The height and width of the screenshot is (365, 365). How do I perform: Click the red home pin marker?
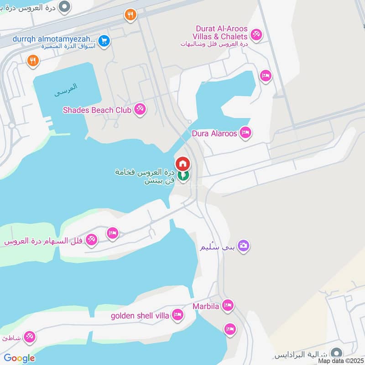(182, 163)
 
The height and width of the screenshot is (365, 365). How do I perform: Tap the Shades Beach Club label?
(97, 110)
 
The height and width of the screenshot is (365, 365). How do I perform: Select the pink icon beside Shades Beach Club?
(140, 109)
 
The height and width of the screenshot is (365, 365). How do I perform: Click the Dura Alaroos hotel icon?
(245, 133)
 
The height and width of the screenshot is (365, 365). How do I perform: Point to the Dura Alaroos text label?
(214, 134)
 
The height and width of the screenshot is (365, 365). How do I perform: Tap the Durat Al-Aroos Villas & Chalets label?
(221, 32)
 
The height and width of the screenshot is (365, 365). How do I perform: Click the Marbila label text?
(206, 306)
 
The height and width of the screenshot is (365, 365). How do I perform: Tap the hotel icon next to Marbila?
(227, 305)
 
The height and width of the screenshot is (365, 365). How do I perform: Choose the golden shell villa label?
(140, 315)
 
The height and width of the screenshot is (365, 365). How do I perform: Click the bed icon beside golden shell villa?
(178, 315)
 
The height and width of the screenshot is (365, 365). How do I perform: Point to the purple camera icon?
(244, 246)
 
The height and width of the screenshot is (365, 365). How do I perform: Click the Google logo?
(19, 358)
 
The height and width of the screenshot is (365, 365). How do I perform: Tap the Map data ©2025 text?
(340, 360)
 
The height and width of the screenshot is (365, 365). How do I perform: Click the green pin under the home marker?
(183, 176)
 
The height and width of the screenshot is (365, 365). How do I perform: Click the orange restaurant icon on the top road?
(130, 15)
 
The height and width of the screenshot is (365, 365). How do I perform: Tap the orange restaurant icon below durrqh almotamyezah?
(32, 61)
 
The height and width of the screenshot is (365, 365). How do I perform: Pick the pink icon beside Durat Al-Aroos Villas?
(256, 34)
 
